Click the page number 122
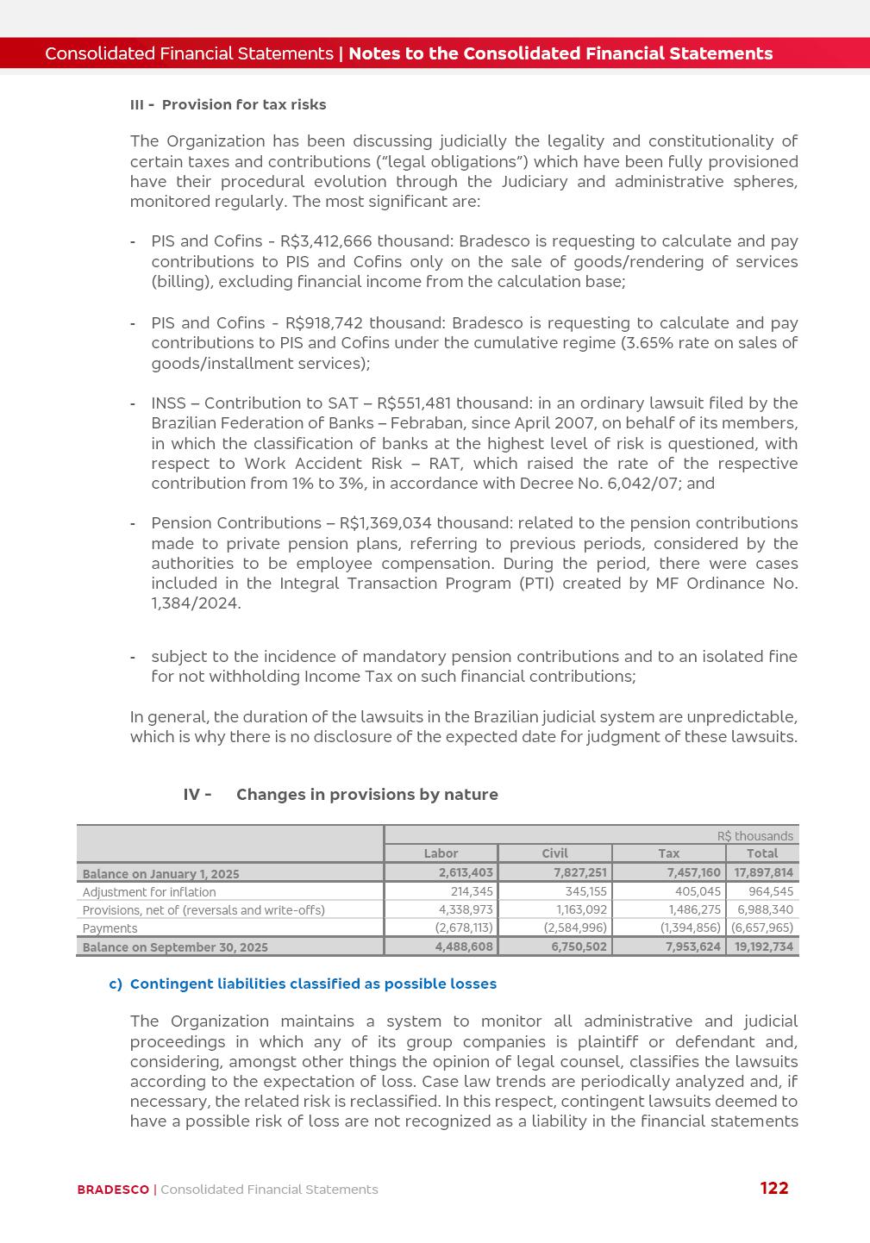[773, 1188]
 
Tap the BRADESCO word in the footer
[113, 1190]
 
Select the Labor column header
[441, 853]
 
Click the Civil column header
[554, 853]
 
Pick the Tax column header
[668, 853]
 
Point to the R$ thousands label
[754, 836]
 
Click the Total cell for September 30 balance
[763, 946]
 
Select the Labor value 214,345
[472, 891]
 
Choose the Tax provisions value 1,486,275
[694, 909]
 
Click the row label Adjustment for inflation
[149, 892]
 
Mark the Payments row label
[110, 928]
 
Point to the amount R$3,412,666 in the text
[326, 241]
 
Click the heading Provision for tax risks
[244, 105]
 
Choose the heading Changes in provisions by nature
[366, 795]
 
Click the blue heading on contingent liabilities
[313, 984]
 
